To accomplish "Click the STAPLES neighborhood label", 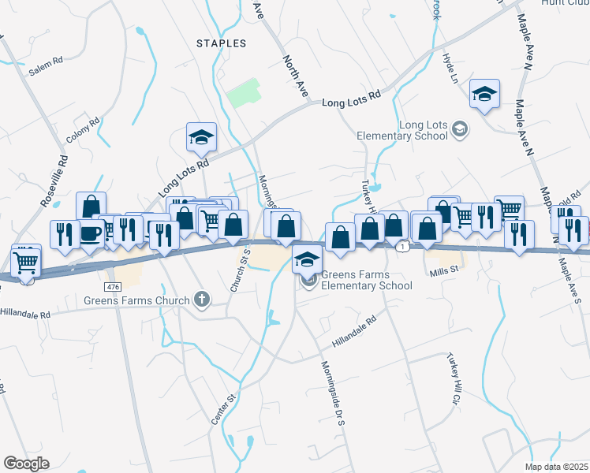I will point(221,43).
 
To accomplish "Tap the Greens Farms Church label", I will point(137,300).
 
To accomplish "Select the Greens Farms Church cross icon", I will point(202,300).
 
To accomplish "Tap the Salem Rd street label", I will point(45,69).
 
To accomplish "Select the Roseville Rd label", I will point(54,178).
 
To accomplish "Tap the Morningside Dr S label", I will point(333,392).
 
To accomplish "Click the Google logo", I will point(26,464).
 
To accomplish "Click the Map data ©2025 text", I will point(556,467).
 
